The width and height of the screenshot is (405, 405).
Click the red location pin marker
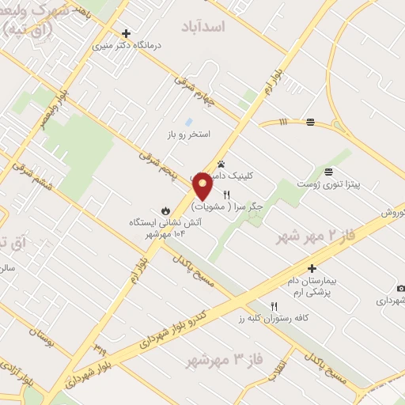tap(202, 186)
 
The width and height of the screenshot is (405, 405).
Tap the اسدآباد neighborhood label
tap(225, 27)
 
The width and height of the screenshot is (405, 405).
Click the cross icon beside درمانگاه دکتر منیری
tap(127, 33)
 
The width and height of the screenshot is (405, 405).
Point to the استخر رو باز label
tap(187, 134)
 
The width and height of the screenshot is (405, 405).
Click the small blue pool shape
tap(187, 122)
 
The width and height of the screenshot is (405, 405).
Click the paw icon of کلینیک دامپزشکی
tap(221, 163)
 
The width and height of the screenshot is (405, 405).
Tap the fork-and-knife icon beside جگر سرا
tap(226, 195)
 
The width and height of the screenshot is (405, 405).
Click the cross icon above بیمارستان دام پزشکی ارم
tap(312, 268)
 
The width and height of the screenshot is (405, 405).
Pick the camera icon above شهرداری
tap(401, 288)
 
